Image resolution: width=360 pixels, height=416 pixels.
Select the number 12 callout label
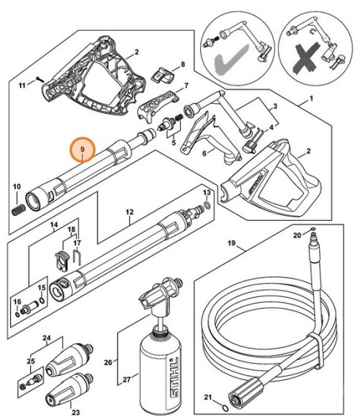click(131, 212)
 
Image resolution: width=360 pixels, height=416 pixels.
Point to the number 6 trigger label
click(203, 154)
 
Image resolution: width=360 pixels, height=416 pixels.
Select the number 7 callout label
click(186, 86)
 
